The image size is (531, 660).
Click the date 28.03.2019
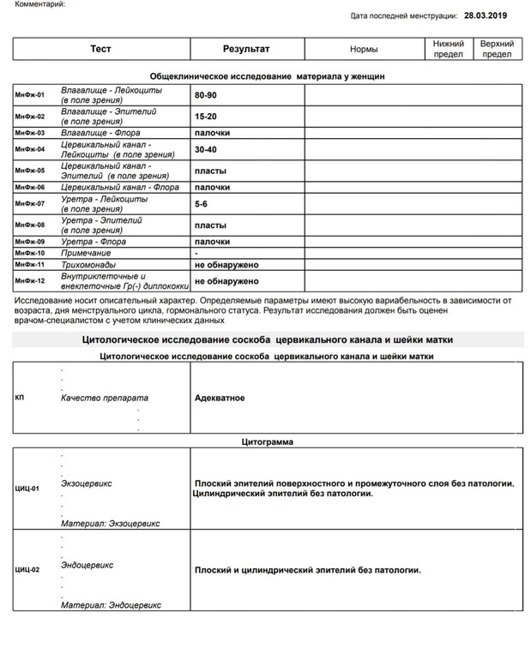[x=486, y=15]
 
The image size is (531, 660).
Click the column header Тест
[x=100, y=49]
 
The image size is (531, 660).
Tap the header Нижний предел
[x=449, y=49]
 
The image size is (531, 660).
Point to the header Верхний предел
[x=497, y=49]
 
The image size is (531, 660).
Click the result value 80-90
[x=205, y=94]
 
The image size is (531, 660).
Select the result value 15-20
[x=205, y=116]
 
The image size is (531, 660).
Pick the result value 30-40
[x=205, y=149]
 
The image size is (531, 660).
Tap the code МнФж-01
[x=30, y=94]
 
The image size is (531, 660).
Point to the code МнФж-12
[x=30, y=280]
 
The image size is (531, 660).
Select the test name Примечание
[x=87, y=254]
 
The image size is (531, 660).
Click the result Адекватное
[x=220, y=398]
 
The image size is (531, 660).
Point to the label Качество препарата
[x=105, y=399]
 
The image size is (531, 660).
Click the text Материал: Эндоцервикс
[x=111, y=605]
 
